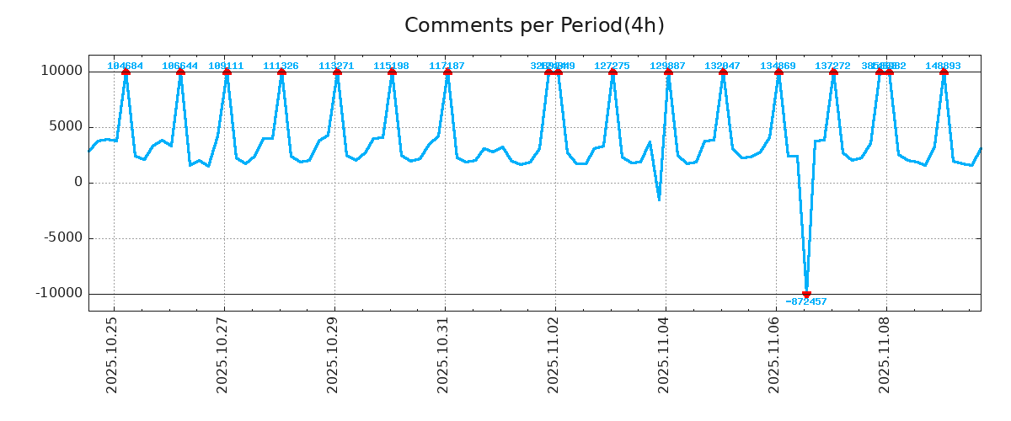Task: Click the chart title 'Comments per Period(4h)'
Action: click(x=534, y=25)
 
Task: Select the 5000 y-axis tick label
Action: click(x=64, y=126)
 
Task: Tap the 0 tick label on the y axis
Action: click(x=78, y=182)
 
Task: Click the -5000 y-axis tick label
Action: click(x=62, y=237)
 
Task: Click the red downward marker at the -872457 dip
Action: click(x=806, y=294)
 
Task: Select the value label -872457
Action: click(x=806, y=301)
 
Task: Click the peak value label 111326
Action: click(x=281, y=66)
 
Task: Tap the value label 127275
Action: click(x=612, y=66)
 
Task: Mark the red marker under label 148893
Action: click(x=944, y=72)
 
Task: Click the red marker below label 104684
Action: click(x=126, y=72)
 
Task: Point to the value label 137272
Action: click(x=832, y=66)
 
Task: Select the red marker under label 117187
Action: click(x=447, y=72)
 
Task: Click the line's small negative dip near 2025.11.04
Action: click(x=659, y=200)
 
